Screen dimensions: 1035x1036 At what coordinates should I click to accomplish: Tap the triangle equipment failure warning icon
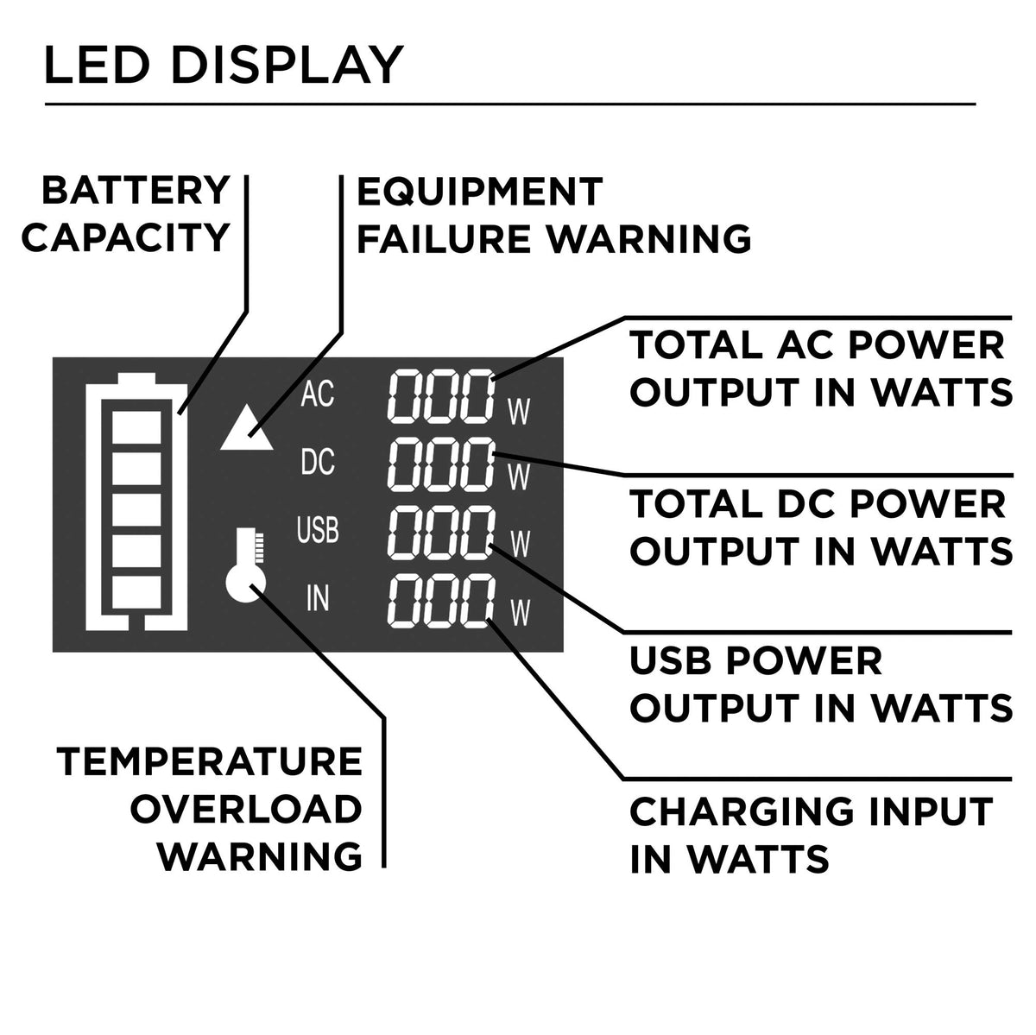click(247, 429)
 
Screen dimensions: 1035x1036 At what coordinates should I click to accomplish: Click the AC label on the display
click(317, 395)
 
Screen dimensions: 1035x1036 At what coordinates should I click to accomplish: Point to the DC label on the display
click(317, 464)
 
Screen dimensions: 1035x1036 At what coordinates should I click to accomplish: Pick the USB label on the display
click(317, 529)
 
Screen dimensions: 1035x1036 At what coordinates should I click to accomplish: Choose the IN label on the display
click(317, 597)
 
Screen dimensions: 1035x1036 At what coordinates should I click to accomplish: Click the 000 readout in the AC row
click(441, 397)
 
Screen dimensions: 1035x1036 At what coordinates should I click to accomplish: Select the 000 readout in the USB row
click(441, 533)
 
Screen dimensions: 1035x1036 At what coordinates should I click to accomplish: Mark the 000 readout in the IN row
click(441, 603)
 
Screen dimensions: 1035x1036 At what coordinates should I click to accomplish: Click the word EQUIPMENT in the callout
click(480, 192)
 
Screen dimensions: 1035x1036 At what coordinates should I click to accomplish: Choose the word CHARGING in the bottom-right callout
click(722, 812)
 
